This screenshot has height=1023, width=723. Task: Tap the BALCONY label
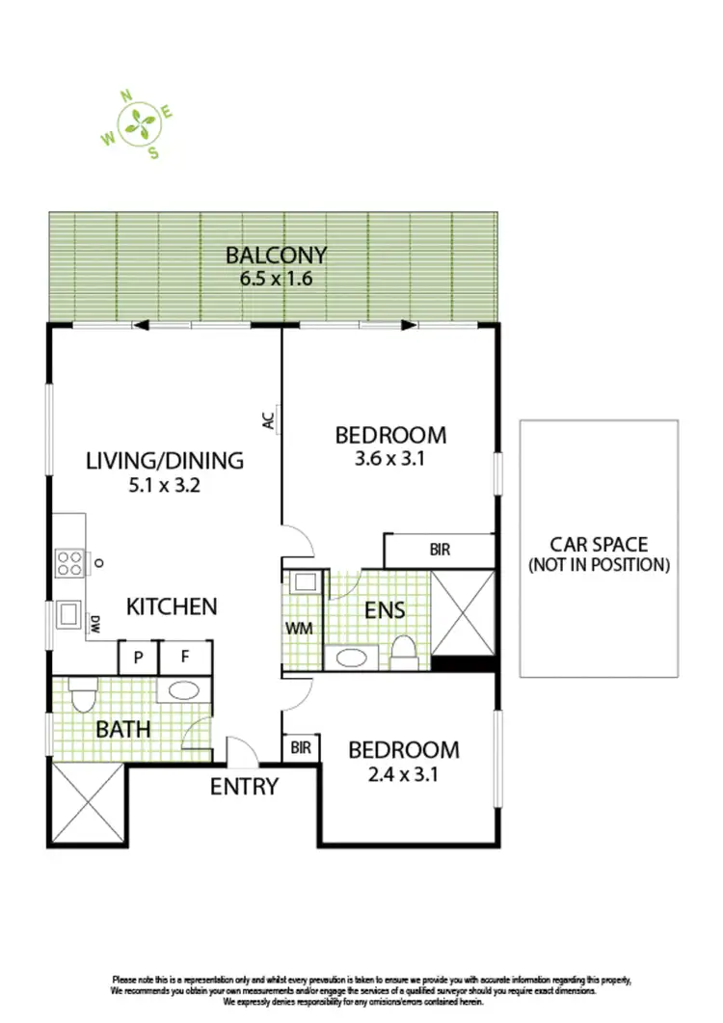pyautogui.click(x=276, y=256)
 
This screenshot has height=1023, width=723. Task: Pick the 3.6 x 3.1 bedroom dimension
pyautogui.click(x=390, y=459)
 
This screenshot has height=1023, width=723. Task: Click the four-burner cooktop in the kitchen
pyautogui.click(x=68, y=562)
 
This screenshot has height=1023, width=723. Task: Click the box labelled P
pyautogui.click(x=138, y=658)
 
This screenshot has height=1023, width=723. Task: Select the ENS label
pyautogui.click(x=384, y=610)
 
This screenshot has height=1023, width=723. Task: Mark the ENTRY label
pyautogui.click(x=245, y=787)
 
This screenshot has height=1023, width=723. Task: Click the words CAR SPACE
pyautogui.click(x=598, y=545)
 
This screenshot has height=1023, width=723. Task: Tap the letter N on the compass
pyautogui.click(x=125, y=95)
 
